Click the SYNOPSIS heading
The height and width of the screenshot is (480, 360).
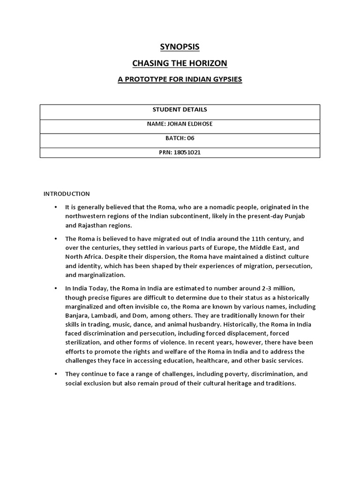(x=180, y=47)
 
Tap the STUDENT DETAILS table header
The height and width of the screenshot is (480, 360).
(x=180, y=110)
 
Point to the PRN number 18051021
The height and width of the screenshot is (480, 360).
(x=187, y=152)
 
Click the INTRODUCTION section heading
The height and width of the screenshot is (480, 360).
(x=66, y=194)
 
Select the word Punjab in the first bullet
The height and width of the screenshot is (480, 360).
(x=298, y=216)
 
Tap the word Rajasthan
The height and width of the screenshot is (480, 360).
(x=81, y=225)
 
